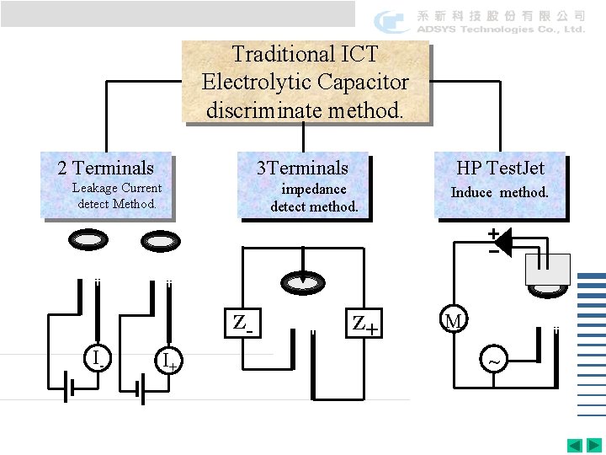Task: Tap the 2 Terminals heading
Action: pyautogui.click(x=105, y=168)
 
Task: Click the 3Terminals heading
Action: pyautogui.click(x=302, y=168)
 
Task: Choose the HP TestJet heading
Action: pyautogui.click(x=500, y=168)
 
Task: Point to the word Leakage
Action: pyautogui.click(x=94, y=188)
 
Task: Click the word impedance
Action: pyautogui.click(x=313, y=190)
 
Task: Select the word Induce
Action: pyautogui.click(x=471, y=192)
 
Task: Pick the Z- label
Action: pyautogui.click(x=242, y=323)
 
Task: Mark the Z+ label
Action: pyautogui.click(x=364, y=324)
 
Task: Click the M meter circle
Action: pyautogui.click(x=454, y=320)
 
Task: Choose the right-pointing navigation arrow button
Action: pyautogui.click(x=594, y=445)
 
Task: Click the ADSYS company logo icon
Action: pyautogui.click(x=392, y=21)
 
